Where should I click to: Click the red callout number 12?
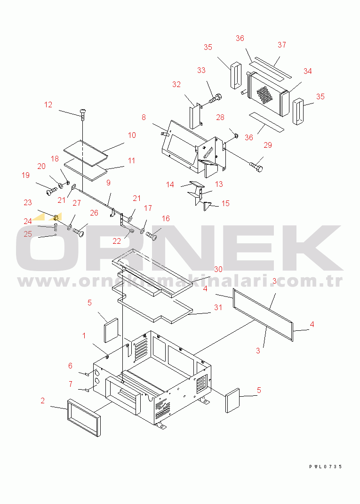click(48, 105)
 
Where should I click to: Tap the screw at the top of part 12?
click(83, 113)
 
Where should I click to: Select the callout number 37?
click(282, 45)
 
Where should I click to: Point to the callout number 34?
click(308, 72)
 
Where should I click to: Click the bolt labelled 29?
click(256, 167)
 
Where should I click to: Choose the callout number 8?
click(144, 118)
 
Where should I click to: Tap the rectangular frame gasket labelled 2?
click(84, 417)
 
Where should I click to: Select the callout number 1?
click(84, 336)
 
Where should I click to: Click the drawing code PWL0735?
click(325, 466)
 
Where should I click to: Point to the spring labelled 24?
click(56, 227)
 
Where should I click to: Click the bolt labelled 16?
click(152, 236)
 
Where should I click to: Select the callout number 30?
click(218, 269)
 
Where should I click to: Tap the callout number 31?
click(218, 308)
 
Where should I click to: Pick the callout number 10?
click(132, 136)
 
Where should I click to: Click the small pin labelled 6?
click(87, 374)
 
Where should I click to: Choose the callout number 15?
click(225, 203)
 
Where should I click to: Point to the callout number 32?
click(176, 85)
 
